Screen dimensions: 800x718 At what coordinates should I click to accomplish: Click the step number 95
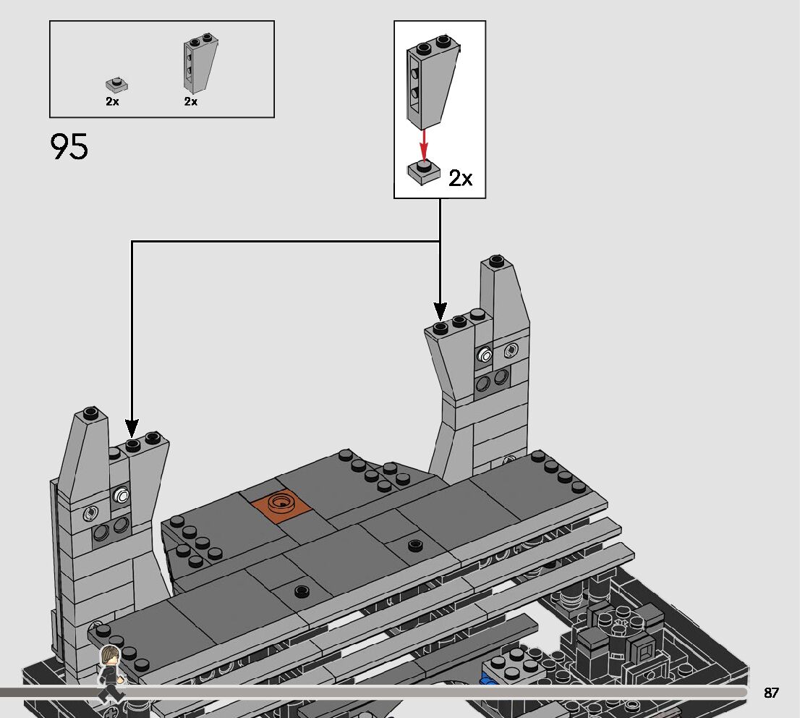click(x=69, y=147)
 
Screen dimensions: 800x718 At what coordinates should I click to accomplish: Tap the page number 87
click(x=771, y=693)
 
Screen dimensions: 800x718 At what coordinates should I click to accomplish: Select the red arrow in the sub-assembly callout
click(x=424, y=141)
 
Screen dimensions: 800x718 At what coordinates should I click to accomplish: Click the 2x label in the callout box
click(x=460, y=178)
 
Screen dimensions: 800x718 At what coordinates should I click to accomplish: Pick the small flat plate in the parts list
click(x=116, y=85)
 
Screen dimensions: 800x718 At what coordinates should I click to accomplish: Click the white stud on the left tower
click(x=122, y=496)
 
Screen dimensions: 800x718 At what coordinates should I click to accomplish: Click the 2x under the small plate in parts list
click(x=112, y=101)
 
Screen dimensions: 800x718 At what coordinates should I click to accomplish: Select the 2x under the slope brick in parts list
click(x=191, y=101)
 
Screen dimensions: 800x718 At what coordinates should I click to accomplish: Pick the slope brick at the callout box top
click(x=432, y=80)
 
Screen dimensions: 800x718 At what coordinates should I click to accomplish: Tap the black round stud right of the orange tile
click(x=414, y=545)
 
